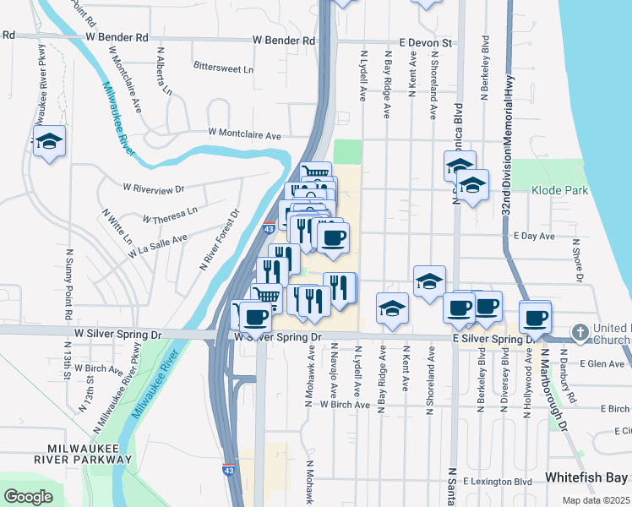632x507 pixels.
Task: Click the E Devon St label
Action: click(427, 41)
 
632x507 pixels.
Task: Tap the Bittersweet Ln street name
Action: click(223, 68)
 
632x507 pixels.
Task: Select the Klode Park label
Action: click(559, 191)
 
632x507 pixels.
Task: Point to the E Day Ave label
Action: click(533, 237)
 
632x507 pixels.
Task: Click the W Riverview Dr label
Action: click(153, 187)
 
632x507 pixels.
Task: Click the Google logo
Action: click(28, 497)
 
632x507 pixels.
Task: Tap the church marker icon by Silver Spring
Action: click(580, 332)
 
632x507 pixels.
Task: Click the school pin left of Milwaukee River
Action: click(49, 141)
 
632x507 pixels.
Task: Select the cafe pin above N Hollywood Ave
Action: click(535, 318)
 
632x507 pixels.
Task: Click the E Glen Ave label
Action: click(607, 364)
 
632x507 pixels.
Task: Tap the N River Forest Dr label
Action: click(220, 240)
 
